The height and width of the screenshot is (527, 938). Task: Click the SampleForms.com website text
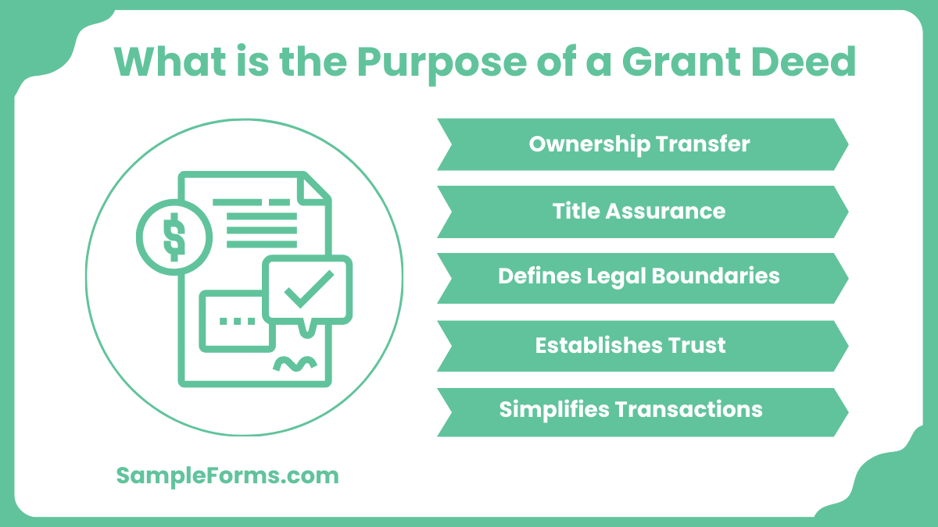pyautogui.click(x=227, y=475)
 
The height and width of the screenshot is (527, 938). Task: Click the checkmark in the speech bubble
pyautogui.click(x=308, y=289)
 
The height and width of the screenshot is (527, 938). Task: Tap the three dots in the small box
pyautogui.click(x=237, y=320)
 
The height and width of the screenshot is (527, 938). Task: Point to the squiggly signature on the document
pyautogui.click(x=295, y=364)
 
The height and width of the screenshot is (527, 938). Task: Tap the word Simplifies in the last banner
pyautogui.click(x=554, y=410)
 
